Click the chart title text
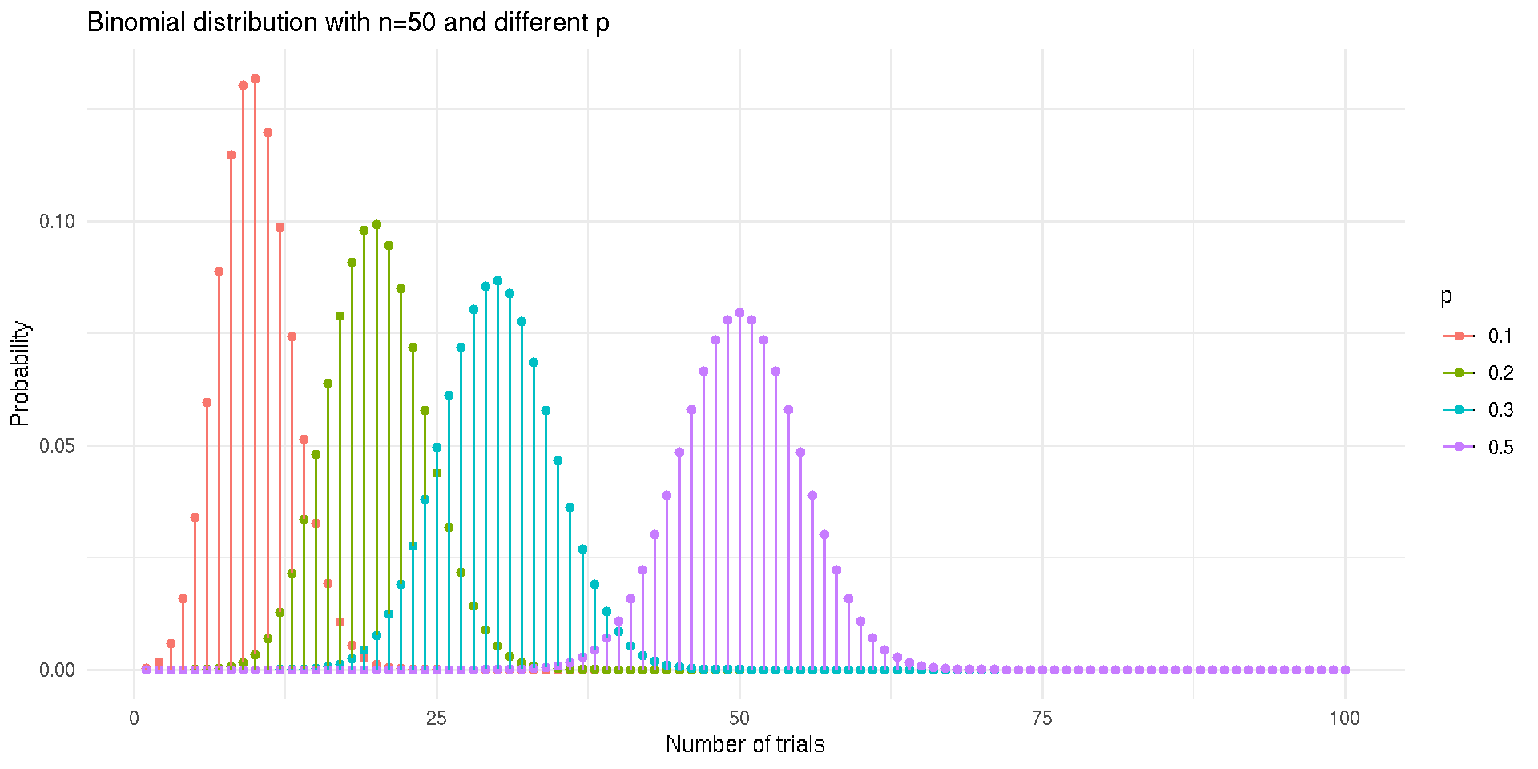[348, 22]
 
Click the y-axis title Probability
[20, 373]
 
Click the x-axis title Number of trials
[745, 744]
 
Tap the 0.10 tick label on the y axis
[57, 222]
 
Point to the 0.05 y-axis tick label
[57, 446]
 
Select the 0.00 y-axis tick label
[57, 670]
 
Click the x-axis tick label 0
[134, 719]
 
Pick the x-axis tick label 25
[437, 719]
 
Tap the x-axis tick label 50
[739, 719]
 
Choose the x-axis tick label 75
[1042, 719]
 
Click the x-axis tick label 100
[1345, 719]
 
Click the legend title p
[1446, 297]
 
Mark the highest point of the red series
[255, 79]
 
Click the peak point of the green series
[376, 225]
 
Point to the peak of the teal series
[497, 281]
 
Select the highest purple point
[739, 313]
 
